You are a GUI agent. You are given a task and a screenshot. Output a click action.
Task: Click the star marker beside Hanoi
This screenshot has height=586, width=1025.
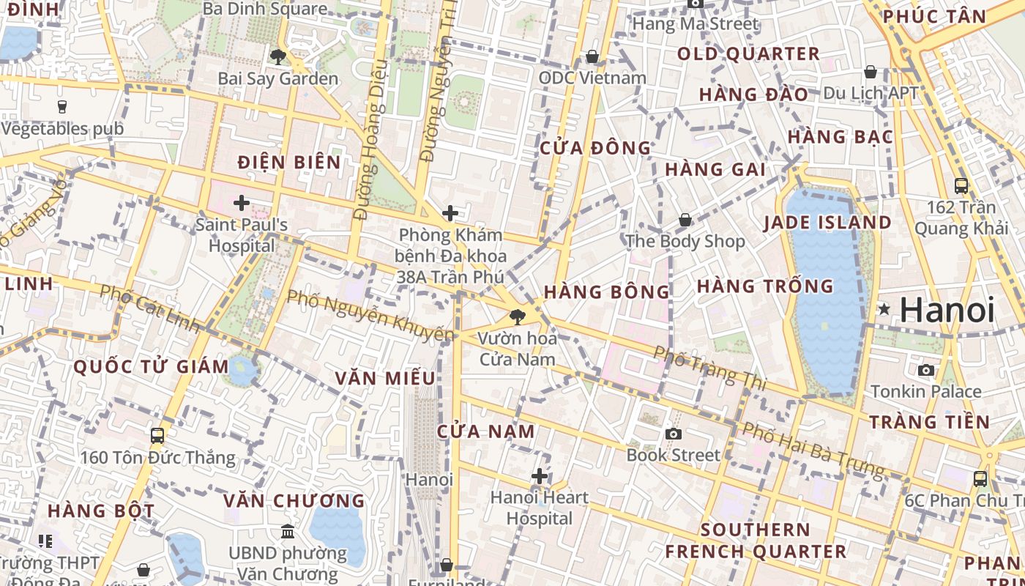pos(884,310)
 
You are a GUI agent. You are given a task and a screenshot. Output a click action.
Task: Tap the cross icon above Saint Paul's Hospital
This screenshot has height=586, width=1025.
pos(242,202)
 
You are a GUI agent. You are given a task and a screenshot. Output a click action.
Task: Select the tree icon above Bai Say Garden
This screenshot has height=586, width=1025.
pos(277,56)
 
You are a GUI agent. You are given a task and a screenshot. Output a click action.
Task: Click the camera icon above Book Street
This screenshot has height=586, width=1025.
pos(674,434)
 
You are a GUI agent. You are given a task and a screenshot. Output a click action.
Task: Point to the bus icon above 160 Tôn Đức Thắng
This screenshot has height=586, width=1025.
pos(157,436)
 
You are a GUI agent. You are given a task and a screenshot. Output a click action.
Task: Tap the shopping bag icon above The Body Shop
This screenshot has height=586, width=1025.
pos(685,220)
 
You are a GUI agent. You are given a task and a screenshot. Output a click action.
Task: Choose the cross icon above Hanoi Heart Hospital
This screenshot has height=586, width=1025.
pos(540,476)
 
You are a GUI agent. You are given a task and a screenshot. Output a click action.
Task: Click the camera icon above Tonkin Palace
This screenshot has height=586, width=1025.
pos(926,370)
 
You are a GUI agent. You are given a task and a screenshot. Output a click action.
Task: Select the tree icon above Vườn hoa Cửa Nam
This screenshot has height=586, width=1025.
pos(518,317)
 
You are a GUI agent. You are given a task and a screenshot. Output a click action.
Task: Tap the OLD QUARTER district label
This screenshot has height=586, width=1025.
pos(748,54)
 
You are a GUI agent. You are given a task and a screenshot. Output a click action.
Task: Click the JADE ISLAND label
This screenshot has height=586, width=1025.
pos(827,223)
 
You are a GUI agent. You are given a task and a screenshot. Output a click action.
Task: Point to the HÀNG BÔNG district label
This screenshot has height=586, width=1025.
pos(607,292)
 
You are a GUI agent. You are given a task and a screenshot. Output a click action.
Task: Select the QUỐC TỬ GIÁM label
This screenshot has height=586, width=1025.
pos(152,366)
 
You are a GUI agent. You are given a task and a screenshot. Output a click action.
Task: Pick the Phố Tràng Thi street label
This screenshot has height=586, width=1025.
pos(709,368)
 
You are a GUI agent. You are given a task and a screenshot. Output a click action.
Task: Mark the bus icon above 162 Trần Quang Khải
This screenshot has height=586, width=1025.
pos(961,186)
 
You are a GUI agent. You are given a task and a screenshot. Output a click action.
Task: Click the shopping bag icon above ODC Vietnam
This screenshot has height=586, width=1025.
pos(592,56)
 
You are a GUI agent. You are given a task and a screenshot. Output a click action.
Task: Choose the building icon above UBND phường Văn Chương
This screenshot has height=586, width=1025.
pos(288,531)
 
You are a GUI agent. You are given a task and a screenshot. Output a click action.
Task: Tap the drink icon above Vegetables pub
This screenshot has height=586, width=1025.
pos(62,107)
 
